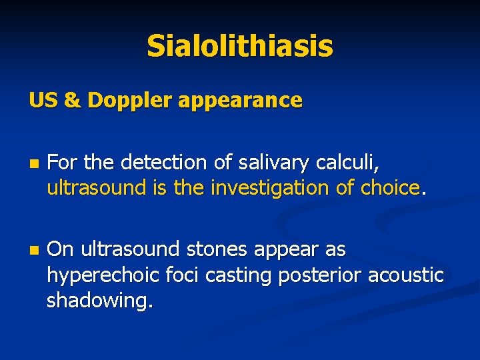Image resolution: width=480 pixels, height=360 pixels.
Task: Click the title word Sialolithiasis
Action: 240,46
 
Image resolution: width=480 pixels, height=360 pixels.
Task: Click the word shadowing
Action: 99,301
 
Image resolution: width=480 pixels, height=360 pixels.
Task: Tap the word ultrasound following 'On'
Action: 131,250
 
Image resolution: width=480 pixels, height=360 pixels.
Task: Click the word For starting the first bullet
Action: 61,162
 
